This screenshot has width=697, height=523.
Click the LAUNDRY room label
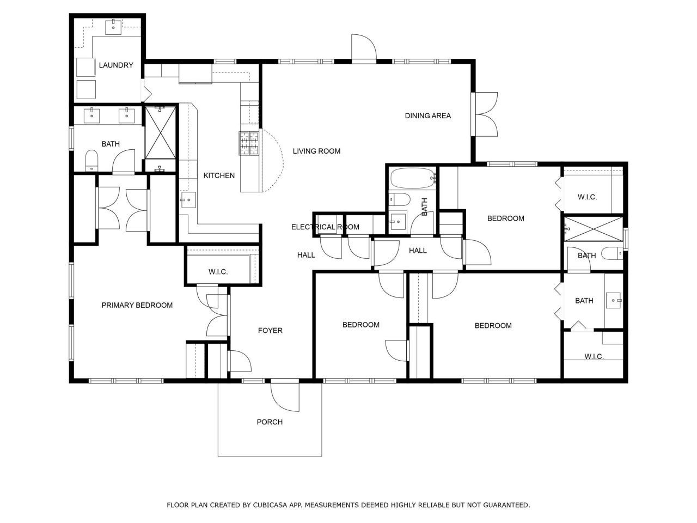(x=116, y=65)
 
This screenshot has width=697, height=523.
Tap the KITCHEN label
(x=219, y=175)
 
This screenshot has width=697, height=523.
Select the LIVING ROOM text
(x=316, y=151)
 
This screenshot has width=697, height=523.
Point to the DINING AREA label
(x=427, y=115)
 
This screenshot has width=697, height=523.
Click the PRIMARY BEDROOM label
(x=137, y=305)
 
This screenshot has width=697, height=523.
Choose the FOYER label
(x=270, y=330)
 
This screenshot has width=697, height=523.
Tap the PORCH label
(x=270, y=422)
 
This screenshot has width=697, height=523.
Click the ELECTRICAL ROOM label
(x=325, y=227)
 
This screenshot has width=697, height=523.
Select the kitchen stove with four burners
(x=249, y=144)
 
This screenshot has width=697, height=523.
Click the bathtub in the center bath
(x=413, y=178)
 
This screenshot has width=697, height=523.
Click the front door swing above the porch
(x=285, y=395)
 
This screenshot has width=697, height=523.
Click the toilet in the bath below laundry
(x=91, y=160)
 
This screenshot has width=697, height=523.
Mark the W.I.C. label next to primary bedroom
(x=218, y=272)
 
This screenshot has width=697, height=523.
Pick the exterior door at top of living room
(x=363, y=48)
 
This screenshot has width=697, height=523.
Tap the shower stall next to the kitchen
(x=160, y=132)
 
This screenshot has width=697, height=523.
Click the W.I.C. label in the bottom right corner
(x=594, y=356)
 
